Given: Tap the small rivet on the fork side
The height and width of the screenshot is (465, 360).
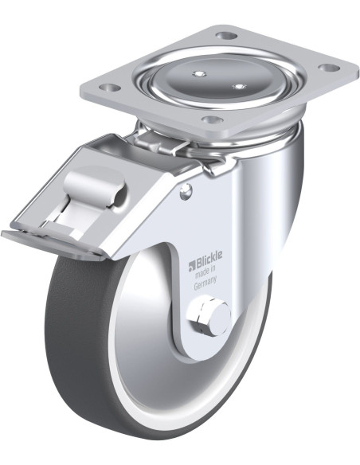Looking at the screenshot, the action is click(x=186, y=190).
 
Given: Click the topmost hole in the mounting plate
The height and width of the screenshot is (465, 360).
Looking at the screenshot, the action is click(x=227, y=36).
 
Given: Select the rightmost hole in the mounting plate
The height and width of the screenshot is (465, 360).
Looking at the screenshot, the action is click(x=330, y=68).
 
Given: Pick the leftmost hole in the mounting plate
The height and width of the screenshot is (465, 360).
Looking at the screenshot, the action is click(x=108, y=88).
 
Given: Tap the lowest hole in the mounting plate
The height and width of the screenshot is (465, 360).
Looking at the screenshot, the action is click(x=210, y=119).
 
